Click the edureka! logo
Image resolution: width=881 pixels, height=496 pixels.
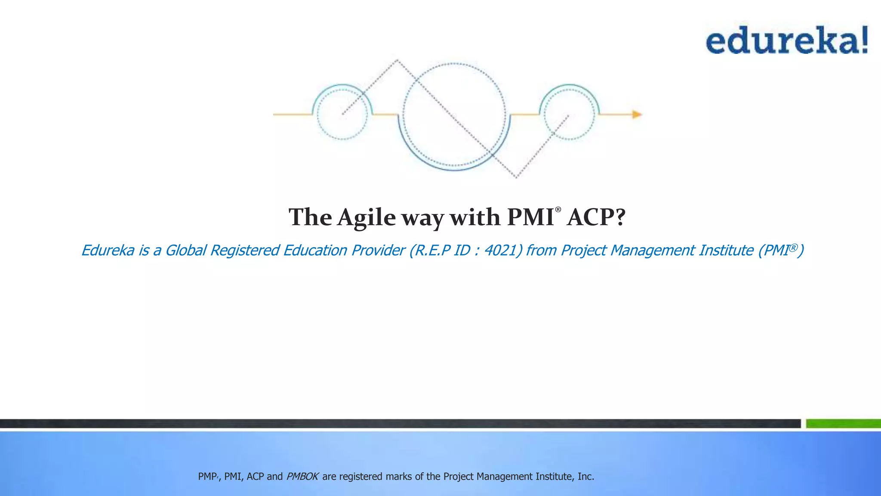tap(786, 40)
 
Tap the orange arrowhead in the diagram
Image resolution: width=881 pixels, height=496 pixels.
tap(637, 115)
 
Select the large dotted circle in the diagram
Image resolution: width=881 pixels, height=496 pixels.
tap(454, 114)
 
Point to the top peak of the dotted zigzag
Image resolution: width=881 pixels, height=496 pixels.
tap(397, 61)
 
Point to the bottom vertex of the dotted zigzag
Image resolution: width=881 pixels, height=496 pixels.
tap(516, 177)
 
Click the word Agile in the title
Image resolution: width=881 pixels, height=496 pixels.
tap(366, 217)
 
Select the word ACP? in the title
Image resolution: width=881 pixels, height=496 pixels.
tap(596, 217)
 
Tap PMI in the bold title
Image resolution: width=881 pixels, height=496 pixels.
tap(530, 217)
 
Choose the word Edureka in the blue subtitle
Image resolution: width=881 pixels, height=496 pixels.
tap(108, 250)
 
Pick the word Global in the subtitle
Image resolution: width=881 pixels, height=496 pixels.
tap(185, 250)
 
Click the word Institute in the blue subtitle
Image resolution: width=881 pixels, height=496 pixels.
tap(726, 250)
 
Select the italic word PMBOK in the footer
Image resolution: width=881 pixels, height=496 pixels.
tap(302, 477)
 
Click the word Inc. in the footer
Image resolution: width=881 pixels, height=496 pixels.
tap(585, 477)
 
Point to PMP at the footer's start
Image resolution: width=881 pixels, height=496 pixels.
tap(207, 477)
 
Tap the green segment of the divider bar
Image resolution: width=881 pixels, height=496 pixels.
tap(843, 424)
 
